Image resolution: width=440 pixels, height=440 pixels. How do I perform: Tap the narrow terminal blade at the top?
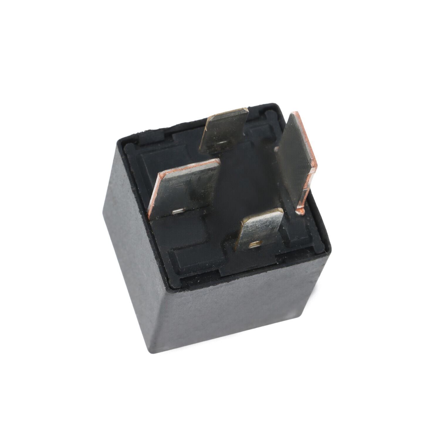coord(224,131)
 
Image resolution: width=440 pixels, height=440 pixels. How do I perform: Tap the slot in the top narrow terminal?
coord(224,143)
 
